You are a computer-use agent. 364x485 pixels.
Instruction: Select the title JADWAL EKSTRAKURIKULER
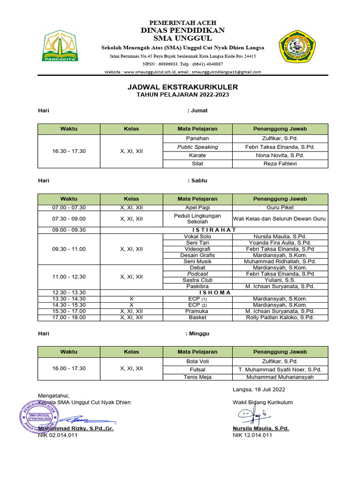point(182,87)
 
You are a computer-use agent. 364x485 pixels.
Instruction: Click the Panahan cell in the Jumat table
point(197,138)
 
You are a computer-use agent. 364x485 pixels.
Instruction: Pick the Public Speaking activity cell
point(197,147)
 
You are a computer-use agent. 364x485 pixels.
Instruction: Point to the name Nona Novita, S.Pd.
point(280,155)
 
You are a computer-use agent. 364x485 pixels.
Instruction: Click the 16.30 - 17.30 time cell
point(69,151)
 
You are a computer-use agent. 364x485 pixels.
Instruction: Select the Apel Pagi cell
point(197,207)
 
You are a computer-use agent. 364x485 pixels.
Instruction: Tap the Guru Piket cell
point(280,207)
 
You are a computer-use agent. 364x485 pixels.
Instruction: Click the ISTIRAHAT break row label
point(214,230)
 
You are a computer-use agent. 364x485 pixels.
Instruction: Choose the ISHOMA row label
point(214,292)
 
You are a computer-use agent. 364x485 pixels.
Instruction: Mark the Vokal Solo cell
point(197,236)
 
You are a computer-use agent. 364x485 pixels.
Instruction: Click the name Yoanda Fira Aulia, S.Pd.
point(280,242)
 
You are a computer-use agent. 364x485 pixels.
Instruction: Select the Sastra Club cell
point(197,280)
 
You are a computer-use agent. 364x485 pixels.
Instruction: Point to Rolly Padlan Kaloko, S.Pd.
point(280,317)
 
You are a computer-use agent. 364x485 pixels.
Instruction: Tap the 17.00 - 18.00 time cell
point(69,317)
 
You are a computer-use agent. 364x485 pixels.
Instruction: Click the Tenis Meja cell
point(197,377)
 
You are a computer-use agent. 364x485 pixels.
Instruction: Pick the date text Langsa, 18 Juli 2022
point(259,389)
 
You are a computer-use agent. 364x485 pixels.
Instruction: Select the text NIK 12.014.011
point(252,435)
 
